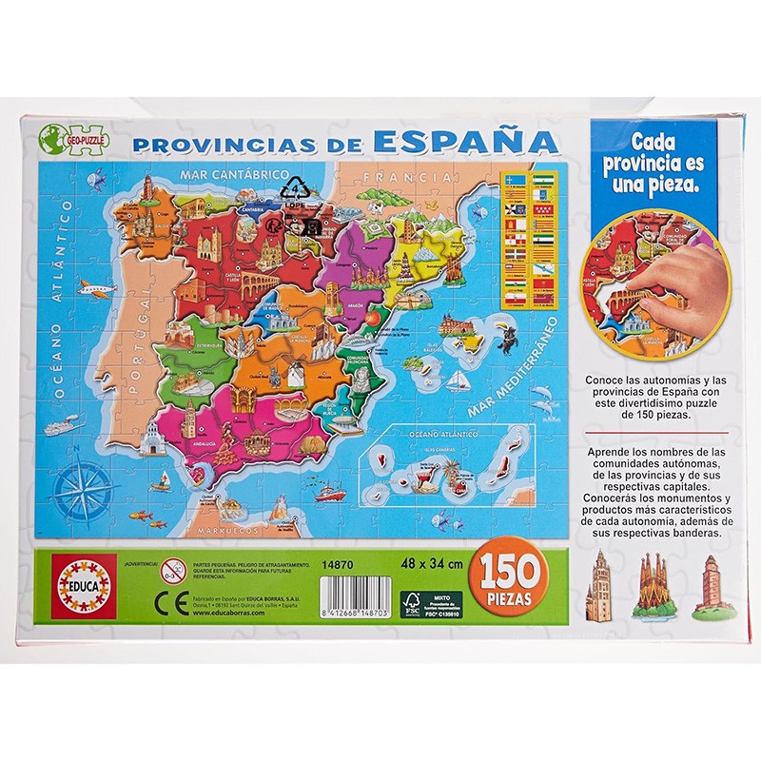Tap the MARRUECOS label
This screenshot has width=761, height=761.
(229, 530)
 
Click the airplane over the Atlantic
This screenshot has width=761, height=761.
(96, 287)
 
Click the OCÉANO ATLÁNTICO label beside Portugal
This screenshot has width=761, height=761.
(64, 304)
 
